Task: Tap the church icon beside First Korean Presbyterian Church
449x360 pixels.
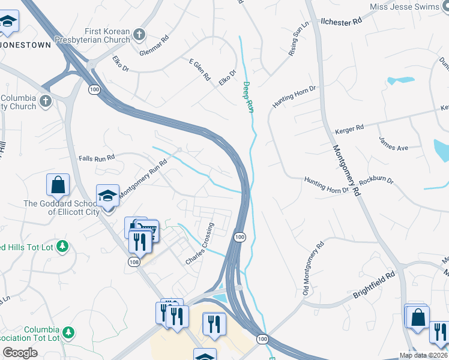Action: click(139, 35)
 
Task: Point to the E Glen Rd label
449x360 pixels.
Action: click(200, 70)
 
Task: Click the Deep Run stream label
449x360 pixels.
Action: click(247, 97)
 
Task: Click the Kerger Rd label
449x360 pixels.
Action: click(350, 128)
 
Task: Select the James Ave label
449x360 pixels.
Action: click(393, 143)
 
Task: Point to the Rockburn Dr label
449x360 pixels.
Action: click(376, 181)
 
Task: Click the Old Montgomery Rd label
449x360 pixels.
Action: click(313, 268)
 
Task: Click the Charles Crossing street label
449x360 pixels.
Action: click(200, 245)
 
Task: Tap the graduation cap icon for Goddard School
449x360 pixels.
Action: click(107, 196)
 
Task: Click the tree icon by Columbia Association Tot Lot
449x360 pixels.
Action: click(68, 332)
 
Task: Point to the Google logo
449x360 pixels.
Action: click(20, 353)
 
